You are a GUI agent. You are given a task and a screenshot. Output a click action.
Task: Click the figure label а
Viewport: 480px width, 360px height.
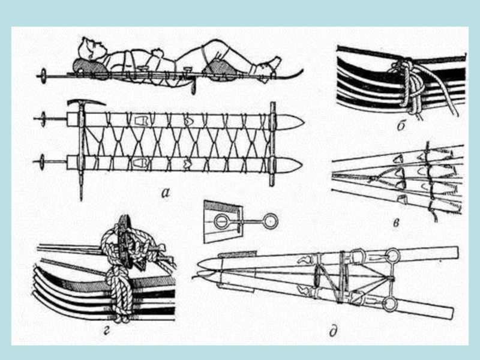coord(166,193)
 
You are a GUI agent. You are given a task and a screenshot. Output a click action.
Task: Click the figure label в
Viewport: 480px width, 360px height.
coord(396,223)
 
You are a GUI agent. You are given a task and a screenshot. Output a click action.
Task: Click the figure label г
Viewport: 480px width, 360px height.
coord(106,331)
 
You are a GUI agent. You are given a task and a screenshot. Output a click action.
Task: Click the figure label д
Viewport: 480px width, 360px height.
coord(334,331)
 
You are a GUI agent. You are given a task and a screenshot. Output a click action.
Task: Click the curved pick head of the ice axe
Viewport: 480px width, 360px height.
coord(86,103)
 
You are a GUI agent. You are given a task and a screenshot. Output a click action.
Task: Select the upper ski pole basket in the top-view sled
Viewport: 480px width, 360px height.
coord(42,119)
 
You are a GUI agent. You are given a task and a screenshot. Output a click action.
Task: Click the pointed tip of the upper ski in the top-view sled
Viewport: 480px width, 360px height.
coord(303,122)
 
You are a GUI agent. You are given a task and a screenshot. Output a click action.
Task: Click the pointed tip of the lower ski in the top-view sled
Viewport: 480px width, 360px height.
coord(302,166)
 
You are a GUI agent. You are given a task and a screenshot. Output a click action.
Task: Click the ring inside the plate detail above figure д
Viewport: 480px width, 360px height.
coord(220,221)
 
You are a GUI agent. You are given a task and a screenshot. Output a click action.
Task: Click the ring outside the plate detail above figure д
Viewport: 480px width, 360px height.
coord(271,221)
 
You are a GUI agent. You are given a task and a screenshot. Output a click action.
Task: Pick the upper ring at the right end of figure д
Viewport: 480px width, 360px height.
coord(394,256)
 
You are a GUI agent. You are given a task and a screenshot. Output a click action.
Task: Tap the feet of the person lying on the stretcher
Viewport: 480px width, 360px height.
coord(269,64)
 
